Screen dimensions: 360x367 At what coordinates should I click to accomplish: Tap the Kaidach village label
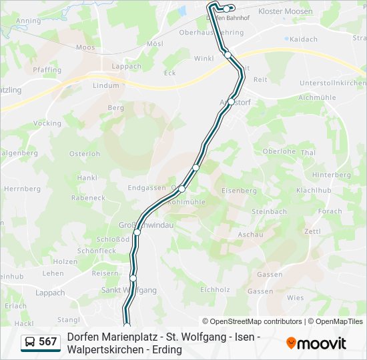pyautogui.click(x=304, y=39)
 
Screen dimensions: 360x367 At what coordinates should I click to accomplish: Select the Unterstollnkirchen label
pyautogui.click(x=333, y=83)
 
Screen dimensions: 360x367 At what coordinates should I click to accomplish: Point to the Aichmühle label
pyautogui.click(x=317, y=97)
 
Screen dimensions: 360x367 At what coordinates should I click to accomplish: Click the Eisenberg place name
pyautogui.click(x=238, y=190)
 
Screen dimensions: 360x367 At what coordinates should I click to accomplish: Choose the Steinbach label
pyautogui.click(x=269, y=211)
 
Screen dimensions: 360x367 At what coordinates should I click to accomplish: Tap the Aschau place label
pyautogui.click(x=250, y=234)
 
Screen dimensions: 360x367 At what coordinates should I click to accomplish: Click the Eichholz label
pyautogui.click(x=215, y=289)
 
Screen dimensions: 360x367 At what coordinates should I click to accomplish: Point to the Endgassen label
pyautogui.click(x=147, y=188)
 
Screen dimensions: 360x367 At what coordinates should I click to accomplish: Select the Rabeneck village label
pyautogui.click(x=88, y=197)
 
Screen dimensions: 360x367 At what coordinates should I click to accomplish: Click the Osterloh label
pyautogui.click(x=84, y=153)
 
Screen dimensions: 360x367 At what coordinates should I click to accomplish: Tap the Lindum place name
pyautogui.click(x=105, y=86)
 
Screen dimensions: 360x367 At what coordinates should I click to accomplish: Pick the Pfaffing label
pyautogui.click(x=47, y=69)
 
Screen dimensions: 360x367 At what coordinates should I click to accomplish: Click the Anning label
pyautogui.click(x=28, y=21)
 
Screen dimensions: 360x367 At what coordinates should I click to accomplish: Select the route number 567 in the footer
pyautogui.click(x=47, y=341)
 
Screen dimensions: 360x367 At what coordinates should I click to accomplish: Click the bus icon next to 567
pyautogui.click(x=30, y=341)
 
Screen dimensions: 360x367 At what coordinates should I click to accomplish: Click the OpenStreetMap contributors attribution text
pyautogui.click(x=252, y=321)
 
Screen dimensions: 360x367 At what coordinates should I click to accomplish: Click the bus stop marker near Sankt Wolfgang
pyautogui.click(x=133, y=277)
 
